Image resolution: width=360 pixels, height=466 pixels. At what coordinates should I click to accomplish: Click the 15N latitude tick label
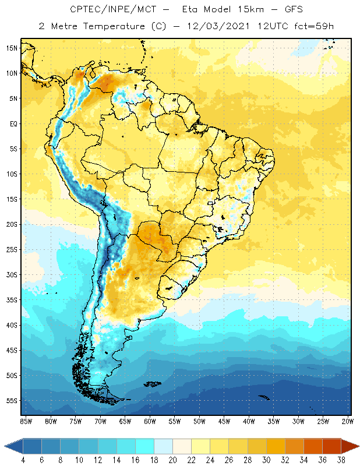tap(12, 48)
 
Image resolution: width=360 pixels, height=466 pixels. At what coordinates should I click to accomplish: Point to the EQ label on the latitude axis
tap(13, 123)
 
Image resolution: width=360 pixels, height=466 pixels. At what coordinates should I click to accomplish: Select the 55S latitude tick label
tap(12, 401)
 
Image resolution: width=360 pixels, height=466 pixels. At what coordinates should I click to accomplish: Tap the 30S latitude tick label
tap(12, 275)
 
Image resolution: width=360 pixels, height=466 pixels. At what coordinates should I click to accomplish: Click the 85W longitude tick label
tap(26, 421)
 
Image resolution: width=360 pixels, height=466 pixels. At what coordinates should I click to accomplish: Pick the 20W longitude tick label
tap(348, 421)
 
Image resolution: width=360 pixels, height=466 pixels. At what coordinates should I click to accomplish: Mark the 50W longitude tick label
tap(199, 421)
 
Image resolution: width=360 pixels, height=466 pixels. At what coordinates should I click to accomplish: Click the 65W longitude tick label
tap(125, 421)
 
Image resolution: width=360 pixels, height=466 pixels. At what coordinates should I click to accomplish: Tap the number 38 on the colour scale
tap(341, 460)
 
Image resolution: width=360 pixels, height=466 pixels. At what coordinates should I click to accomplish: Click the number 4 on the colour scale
tap(23, 460)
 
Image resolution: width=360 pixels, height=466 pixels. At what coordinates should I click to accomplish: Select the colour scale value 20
tap(172, 460)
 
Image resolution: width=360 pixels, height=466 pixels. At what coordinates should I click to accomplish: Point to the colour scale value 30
tap(266, 460)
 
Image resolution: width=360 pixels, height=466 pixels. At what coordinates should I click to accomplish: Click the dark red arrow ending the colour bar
tap(350, 446)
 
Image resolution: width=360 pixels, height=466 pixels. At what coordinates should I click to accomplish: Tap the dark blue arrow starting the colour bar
tap(13, 446)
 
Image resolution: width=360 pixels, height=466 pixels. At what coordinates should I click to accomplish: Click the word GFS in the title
tap(294, 9)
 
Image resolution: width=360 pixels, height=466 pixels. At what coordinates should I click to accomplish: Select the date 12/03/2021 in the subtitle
tap(218, 26)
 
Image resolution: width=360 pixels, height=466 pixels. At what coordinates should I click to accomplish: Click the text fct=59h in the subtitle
tap(314, 26)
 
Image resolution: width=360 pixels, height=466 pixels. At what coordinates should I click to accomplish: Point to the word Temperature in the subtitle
tap(114, 26)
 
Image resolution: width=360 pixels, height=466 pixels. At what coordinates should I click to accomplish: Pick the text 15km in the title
tap(250, 9)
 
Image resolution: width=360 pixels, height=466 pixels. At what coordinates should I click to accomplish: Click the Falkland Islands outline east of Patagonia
tap(153, 384)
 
